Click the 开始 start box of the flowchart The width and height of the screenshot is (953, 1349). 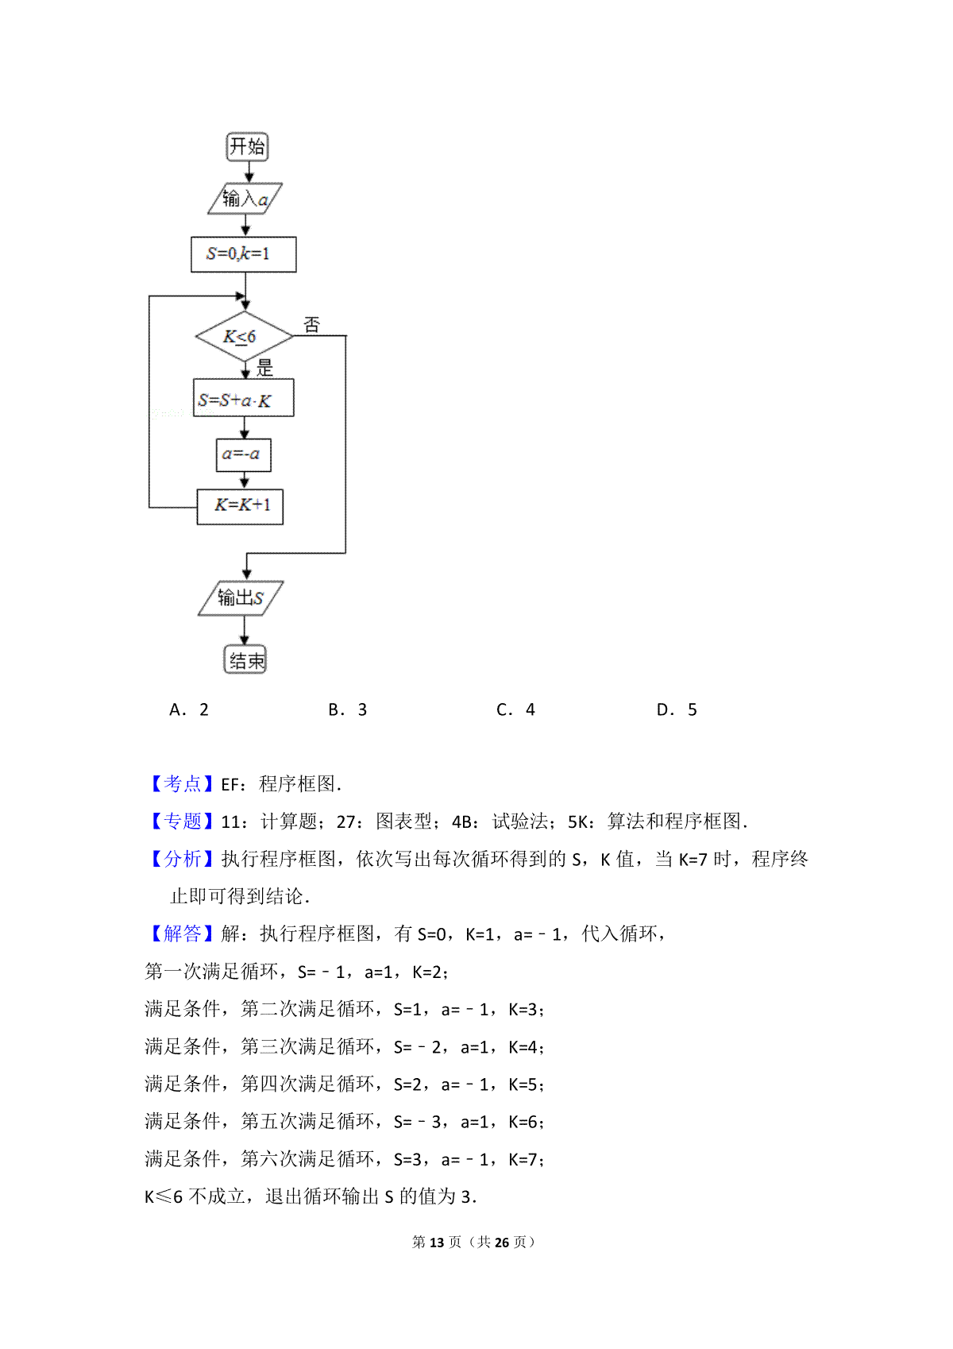[247, 146]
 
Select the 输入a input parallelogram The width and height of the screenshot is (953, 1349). [245, 198]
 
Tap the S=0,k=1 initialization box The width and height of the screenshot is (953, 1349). [244, 254]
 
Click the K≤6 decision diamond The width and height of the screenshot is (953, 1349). [244, 336]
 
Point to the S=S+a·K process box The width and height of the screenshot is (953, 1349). [244, 397]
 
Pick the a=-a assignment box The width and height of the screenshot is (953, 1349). [243, 454]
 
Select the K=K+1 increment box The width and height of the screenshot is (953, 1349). [240, 507]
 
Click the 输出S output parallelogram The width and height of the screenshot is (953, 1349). [241, 598]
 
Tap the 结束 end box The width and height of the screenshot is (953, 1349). [245, 659]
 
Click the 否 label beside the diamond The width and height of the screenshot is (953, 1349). [311, 325]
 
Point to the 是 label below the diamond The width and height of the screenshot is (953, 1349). [265, 367]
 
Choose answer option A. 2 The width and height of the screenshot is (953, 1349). [189, 709]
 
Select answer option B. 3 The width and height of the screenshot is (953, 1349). [347, 709]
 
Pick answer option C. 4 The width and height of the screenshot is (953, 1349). [515, 709]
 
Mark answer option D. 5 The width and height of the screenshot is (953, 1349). [677, 709]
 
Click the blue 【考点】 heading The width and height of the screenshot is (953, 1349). [181, 783]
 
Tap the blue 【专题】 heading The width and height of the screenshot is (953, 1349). [181, 821]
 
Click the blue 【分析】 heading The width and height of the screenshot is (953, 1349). [181, 859]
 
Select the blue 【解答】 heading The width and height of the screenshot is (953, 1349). [181, 933]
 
